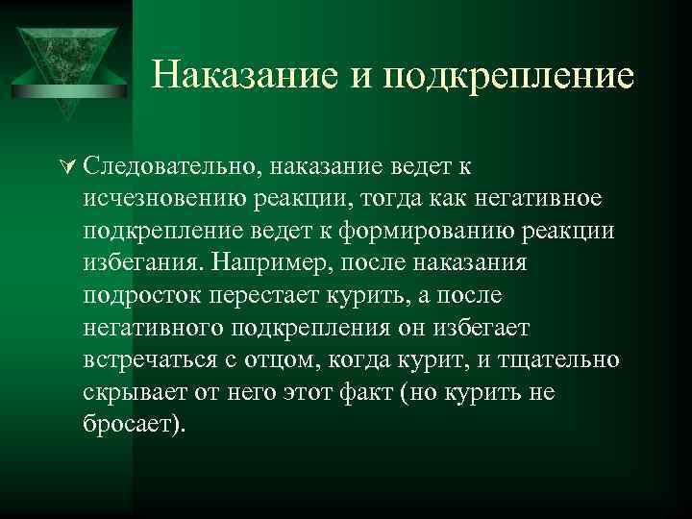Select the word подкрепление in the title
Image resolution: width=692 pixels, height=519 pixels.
tap(508, 76)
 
